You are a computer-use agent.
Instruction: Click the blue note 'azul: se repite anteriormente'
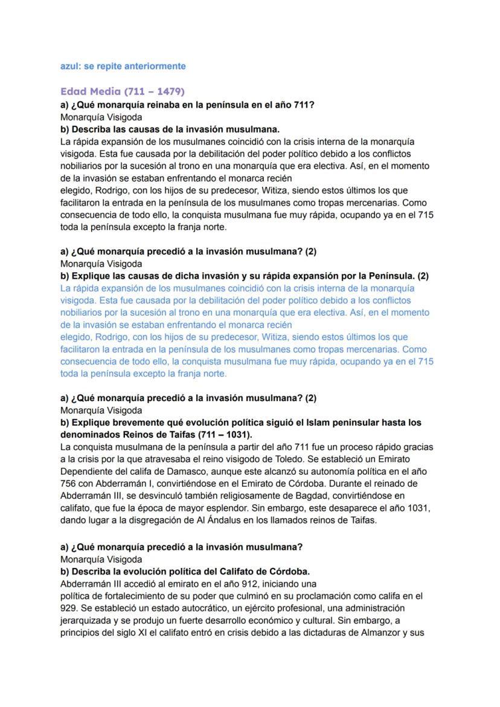123,66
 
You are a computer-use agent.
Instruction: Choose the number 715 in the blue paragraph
425,361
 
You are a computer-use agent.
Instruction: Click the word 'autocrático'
170,608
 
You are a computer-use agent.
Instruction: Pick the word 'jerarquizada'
86,620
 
